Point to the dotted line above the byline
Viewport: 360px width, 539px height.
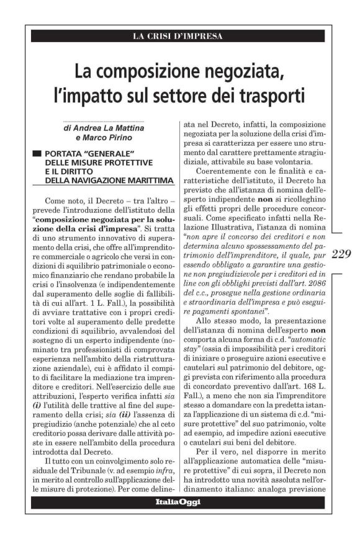107,121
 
